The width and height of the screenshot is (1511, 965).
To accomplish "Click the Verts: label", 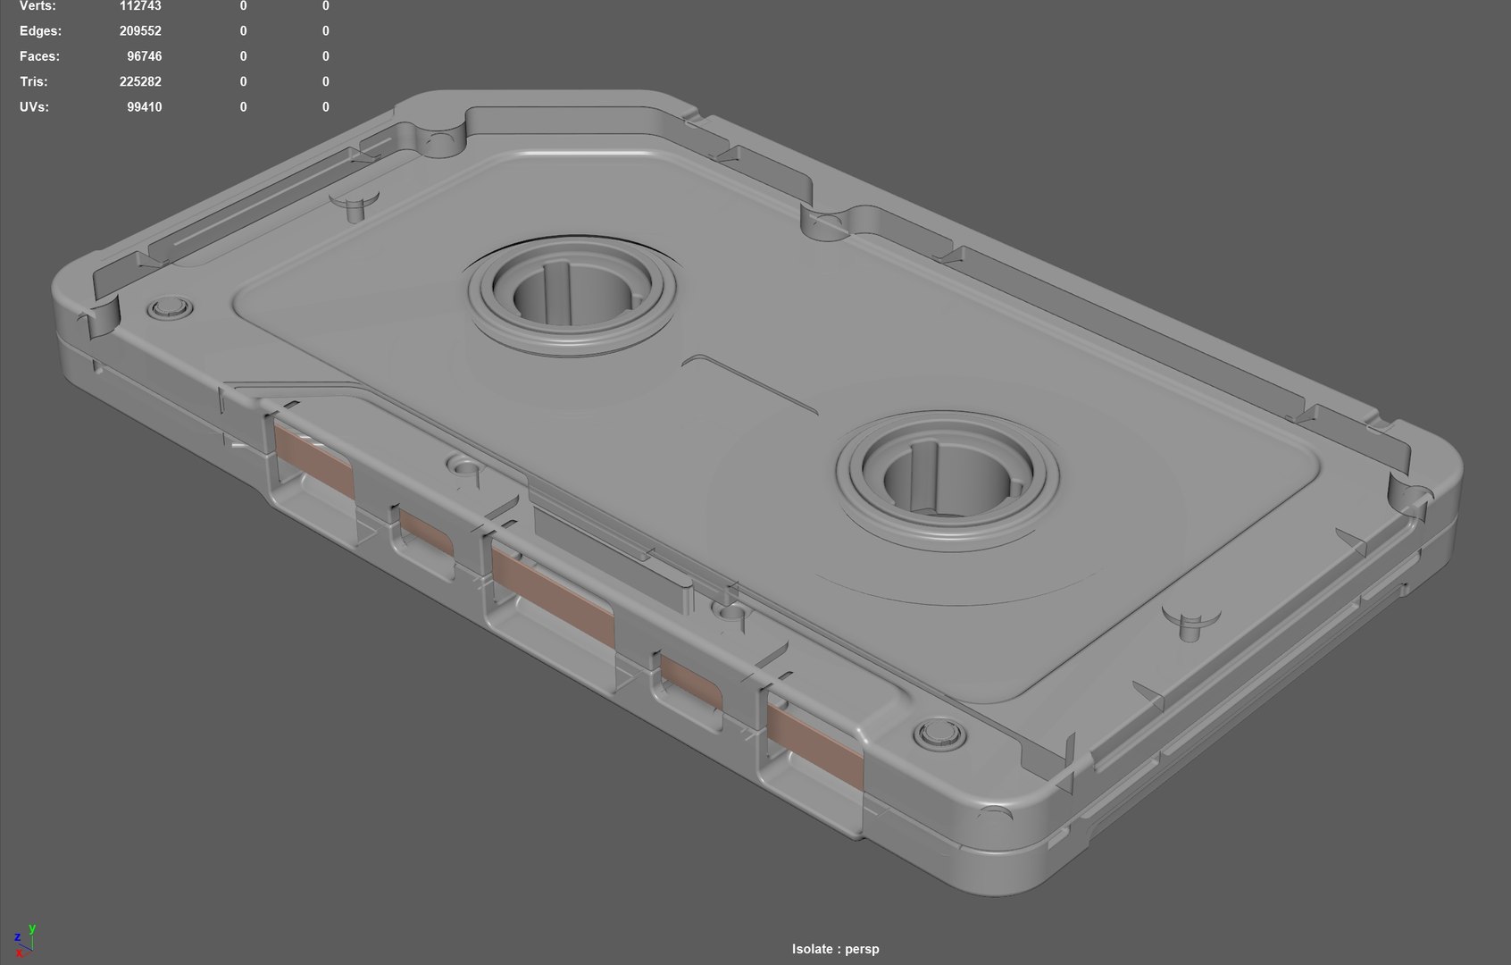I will click(x=38, y=6).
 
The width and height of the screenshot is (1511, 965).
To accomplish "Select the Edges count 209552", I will click(x=140, y=31).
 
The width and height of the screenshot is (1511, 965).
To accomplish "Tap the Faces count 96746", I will click(x=144, y=56).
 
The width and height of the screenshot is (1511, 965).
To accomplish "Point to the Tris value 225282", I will click(x=140, y=81).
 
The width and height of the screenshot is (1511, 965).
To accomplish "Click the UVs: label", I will click(x=34, y=107).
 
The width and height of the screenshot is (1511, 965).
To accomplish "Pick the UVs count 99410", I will click(x=144, y=107).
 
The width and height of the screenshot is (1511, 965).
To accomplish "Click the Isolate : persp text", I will click(x=835, y=949).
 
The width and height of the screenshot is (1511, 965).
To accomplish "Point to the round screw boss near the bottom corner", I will click(x=939, y=736).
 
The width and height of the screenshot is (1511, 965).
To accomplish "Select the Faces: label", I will click(x=39, y=56).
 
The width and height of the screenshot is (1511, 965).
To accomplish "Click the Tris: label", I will click(x=34, y=81).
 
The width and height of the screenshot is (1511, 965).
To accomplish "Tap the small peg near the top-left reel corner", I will click(x=355, y=204).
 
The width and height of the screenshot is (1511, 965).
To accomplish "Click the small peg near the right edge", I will click(x=1190, y=625).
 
